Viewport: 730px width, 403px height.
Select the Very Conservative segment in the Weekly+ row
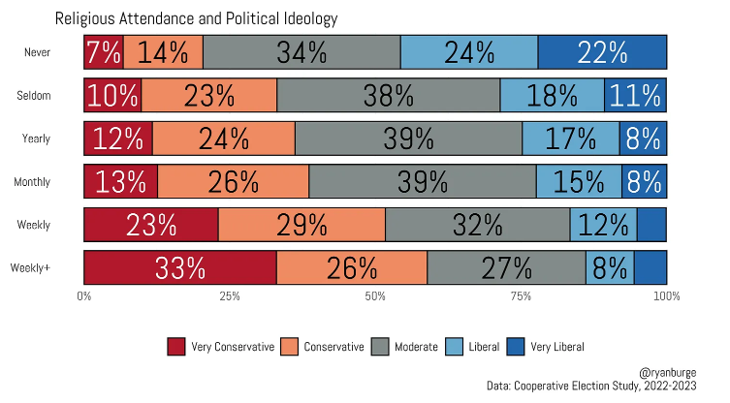coord(180,268)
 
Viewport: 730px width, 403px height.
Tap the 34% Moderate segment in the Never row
coord(302,52)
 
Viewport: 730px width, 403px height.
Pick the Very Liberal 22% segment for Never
coord(602,52)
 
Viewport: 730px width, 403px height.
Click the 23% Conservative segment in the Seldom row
coord(209,96)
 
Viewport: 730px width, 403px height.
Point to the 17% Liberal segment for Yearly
coord(571,139)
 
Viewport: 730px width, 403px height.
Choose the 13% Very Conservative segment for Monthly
coord(121,181)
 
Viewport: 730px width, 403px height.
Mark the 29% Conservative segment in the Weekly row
coord(302,225)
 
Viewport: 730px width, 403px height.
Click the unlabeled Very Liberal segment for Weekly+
coord(651,268)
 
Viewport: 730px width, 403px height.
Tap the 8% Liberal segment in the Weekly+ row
coord(610,268)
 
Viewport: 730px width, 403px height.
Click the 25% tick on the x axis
coord(230,295)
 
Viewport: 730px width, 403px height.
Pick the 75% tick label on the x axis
coord(521,295)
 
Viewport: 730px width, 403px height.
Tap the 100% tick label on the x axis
coord(666,295)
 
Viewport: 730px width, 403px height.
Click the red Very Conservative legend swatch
coord(175,347)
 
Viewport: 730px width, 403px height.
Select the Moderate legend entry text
coord(416,347)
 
